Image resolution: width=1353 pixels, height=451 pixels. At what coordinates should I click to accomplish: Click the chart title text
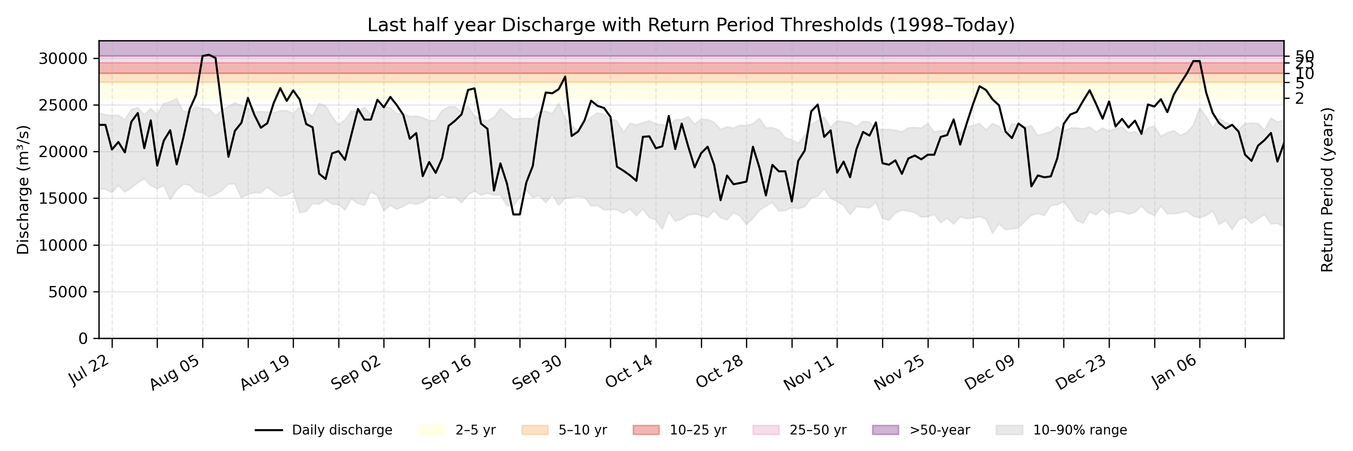coord(691,25)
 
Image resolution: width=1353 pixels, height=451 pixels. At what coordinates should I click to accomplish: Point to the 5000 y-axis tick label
coord(68,292)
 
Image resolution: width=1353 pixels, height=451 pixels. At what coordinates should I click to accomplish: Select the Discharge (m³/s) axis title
coord(23,189)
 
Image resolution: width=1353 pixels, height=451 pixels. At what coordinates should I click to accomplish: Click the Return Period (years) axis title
coord(1327,189)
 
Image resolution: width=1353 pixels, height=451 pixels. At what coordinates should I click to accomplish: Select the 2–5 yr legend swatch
coord(432,430)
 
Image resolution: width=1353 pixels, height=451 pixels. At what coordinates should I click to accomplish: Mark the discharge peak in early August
coord(209,54)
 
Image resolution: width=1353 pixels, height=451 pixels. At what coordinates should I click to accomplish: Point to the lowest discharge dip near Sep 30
coord(516,214)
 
